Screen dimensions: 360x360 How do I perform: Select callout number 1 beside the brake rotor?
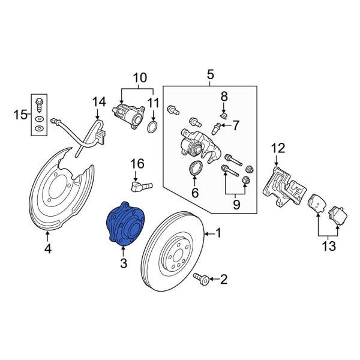[218, 233]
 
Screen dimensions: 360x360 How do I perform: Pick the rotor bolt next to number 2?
[201, 278]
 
